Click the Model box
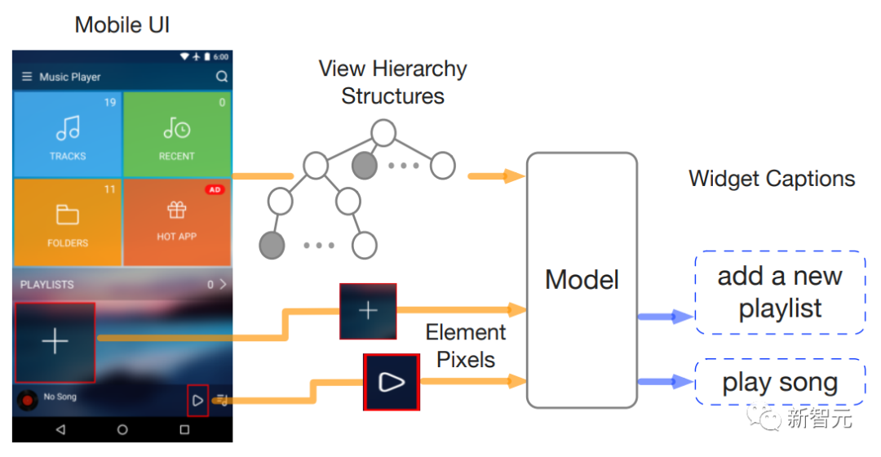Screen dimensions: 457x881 [x=582, y=279]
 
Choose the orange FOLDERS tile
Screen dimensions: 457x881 [x=68, y=221]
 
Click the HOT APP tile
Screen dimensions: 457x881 [x=176, y=221]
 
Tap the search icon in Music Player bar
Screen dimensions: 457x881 [x=222, y=77]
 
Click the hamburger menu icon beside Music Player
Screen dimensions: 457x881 [x=27, y=77]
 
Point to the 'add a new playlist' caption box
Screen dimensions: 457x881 [x=780, y=292]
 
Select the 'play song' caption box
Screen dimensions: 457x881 [x=780, y=382]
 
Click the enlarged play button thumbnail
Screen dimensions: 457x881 [x=392, y=382]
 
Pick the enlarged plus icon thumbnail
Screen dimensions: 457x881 [x=368, y=310]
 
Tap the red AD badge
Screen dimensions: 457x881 [x=215, y=189]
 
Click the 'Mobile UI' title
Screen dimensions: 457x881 [x=122, y=24]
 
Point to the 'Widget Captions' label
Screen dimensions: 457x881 [x=772, y=179]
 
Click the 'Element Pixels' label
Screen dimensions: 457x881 [x=466, y=345]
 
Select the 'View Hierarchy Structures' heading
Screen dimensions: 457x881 [x=392, y=82]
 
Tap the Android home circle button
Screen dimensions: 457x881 [x=122, y=429]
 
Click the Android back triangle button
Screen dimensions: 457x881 [x=60, y=429]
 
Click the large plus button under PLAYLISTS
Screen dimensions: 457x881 [x=55, y=342]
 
